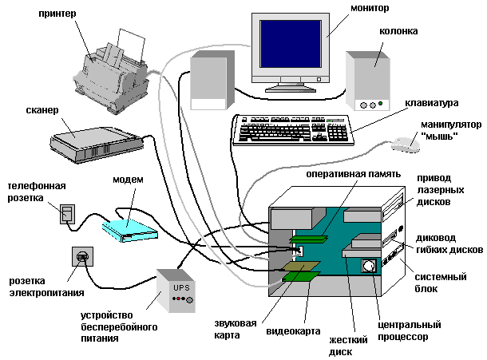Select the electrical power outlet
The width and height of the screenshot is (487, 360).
pos(81,257)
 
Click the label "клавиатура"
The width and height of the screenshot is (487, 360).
pos(431,103)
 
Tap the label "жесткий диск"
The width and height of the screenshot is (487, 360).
pos(348,345)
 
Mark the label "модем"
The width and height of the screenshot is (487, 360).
pos(127,180)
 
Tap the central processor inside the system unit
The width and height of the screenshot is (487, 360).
pos(370,267)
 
